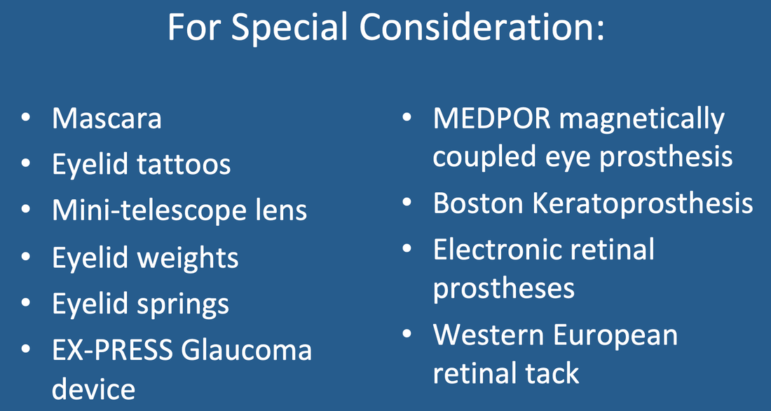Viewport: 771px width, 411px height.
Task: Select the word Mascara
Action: point(107,119)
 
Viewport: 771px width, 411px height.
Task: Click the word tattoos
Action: point(184,164)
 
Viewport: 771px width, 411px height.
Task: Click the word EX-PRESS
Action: point(113,350)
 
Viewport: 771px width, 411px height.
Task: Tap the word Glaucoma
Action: point(246,350)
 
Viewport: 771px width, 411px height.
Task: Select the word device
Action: point(93,389)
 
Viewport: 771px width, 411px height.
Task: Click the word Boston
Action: point(478,202)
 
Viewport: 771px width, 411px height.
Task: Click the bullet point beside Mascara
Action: point(25,118)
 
